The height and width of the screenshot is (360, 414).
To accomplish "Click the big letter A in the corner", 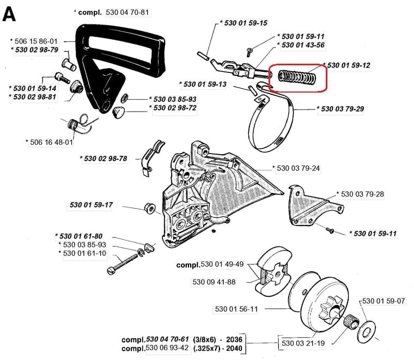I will [x=10, y=13].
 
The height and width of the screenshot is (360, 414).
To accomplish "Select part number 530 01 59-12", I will [x=349, y=65].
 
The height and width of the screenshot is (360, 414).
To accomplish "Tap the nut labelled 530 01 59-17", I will [x=148, y=208].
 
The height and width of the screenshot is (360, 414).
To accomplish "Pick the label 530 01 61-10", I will [x=84, y=253].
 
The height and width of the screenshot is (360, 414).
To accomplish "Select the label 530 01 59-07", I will [x=383, y=301].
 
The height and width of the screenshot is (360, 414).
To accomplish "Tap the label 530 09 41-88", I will [x=214, y=282].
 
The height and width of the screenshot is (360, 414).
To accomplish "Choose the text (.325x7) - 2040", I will [x=221, y=349].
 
